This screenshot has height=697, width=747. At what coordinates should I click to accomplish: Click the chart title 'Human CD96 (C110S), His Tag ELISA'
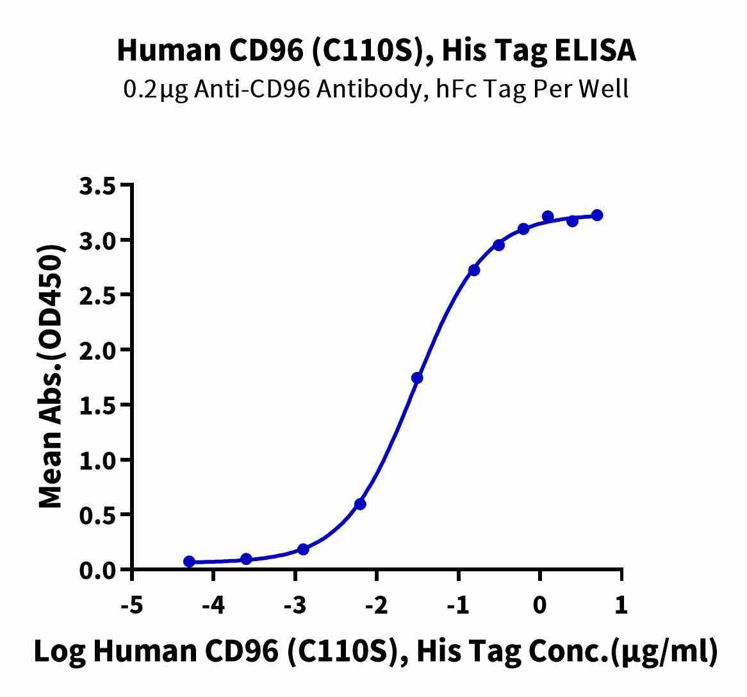[377, 51]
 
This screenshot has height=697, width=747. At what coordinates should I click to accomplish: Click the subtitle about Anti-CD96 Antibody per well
[376, 88]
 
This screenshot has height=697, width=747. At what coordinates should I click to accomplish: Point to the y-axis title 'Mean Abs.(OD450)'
[52, 377]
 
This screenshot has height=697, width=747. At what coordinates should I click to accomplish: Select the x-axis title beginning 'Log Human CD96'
[375, 651]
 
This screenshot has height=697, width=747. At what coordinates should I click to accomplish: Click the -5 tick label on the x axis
[132, 605]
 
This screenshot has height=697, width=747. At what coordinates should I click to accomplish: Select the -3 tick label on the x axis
[295, 605]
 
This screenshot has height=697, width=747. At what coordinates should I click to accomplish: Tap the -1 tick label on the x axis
[459, 605]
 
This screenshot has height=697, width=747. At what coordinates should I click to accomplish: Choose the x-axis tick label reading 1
[621, 605]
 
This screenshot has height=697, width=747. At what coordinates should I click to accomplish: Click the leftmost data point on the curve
[189, 562]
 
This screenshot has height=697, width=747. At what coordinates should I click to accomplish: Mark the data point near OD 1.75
[417, 378]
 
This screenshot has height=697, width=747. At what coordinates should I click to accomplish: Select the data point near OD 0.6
[360, 504]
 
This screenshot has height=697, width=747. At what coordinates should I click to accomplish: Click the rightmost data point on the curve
[597, 215]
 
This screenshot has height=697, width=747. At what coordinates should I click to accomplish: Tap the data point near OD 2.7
[474, 270]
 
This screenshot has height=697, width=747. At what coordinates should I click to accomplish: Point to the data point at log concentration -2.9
[304, 550]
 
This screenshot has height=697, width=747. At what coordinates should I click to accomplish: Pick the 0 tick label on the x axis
[540, 605]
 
